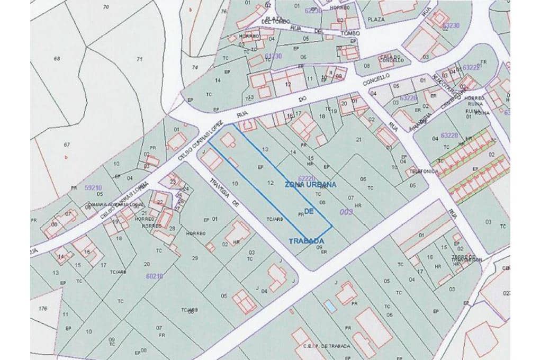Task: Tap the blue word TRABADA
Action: tap(306, 240)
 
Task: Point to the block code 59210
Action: tap(93, 187)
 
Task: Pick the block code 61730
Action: tap(273, 55)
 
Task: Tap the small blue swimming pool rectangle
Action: tap(330, 306)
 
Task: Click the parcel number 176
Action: tap(43, 308)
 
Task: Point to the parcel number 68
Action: tap(57, 58)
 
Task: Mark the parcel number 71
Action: tap(140, 59)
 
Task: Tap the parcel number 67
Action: tap(67, 145)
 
